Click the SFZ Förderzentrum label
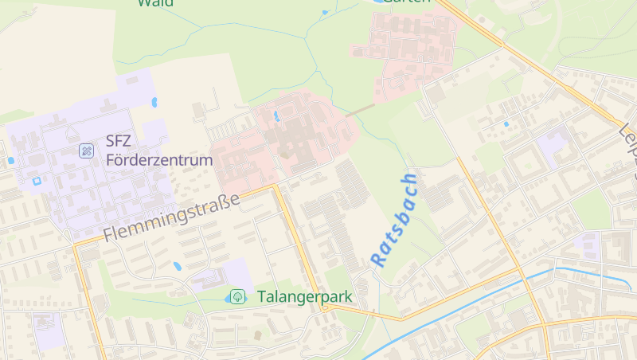[x=159, y=151]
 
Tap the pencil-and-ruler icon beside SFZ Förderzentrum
[x=86, y=151]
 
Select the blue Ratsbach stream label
[x=394, y=220]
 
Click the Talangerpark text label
[x=304, y=297]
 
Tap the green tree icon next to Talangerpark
[x=237, y=297]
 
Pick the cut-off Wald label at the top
[x=155, y=3]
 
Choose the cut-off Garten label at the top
[x=406, y=2]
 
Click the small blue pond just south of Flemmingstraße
[x=177, y=266]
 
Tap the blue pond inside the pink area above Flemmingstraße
[x=276, y=117]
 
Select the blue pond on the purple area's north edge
[x=154, y=102]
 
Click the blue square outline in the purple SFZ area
[x=36, y=182]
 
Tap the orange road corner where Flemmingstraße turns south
[x=275, y=186]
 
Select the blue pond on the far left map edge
[x=11, y=161]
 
